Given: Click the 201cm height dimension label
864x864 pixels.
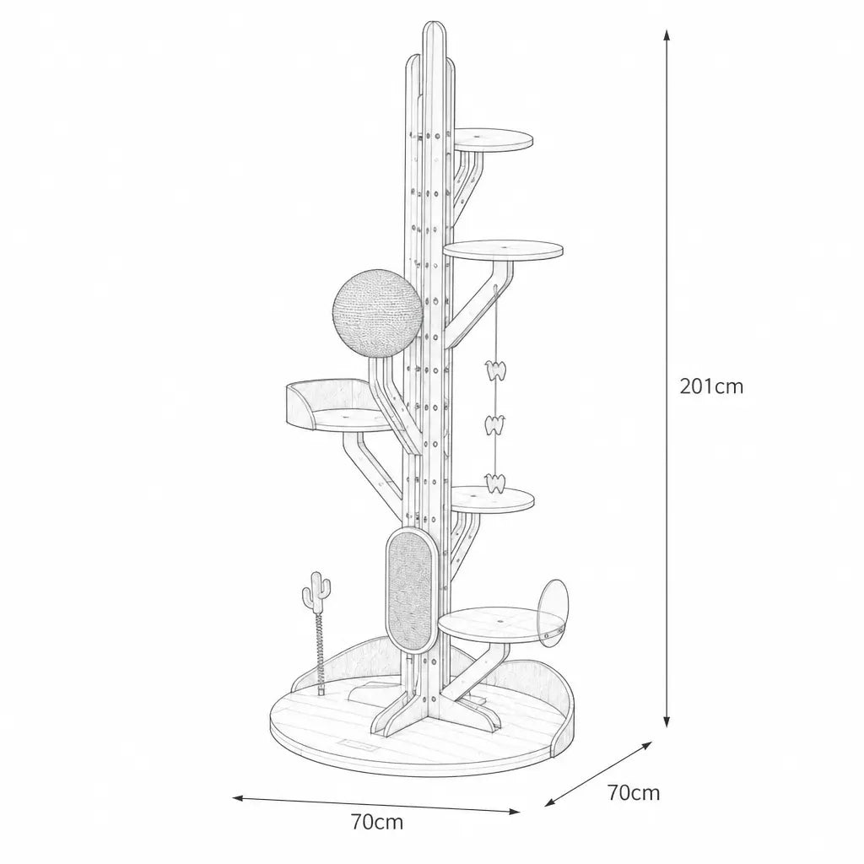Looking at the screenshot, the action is [711, 386].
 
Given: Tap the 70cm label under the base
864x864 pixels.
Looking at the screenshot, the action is [377, 822].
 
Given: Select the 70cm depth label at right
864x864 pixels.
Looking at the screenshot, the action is [634, 792].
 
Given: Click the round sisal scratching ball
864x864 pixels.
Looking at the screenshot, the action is [378, 314].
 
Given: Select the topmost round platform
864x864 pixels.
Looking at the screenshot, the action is [493, 139].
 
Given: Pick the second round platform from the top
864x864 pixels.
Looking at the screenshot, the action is [503, 250].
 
